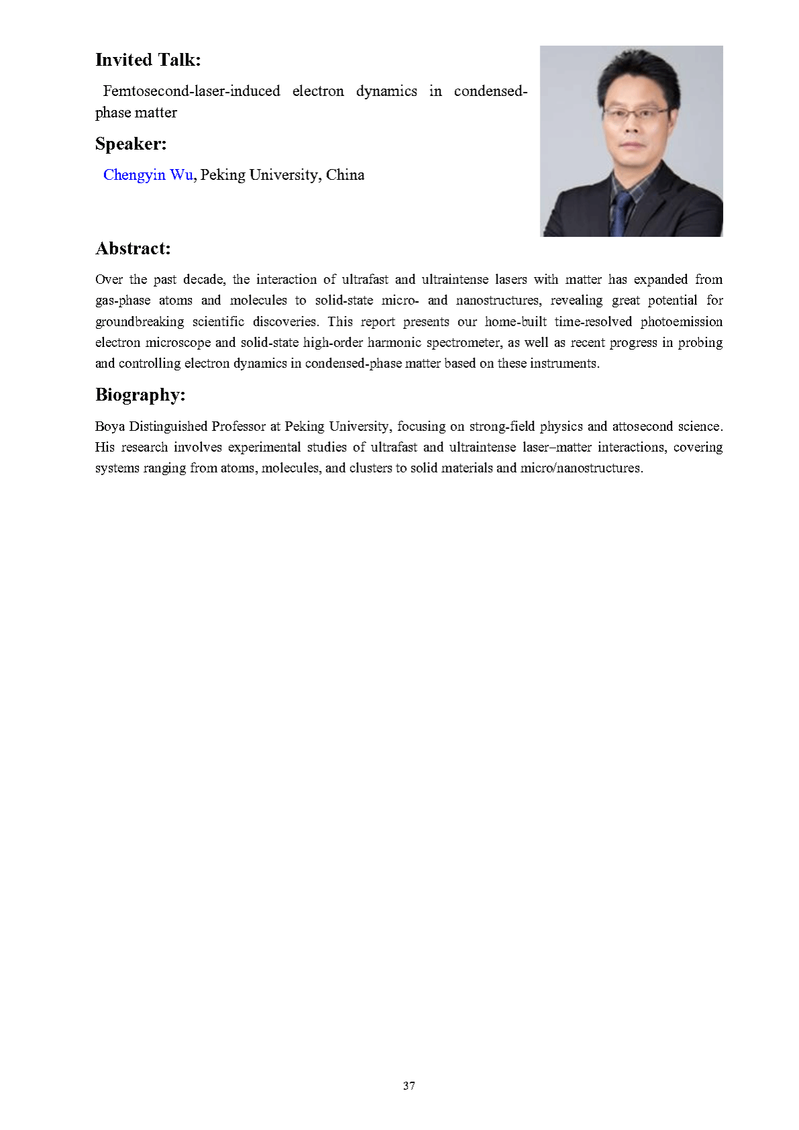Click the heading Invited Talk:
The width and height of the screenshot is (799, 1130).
coord(148,60)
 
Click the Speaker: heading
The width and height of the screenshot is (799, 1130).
coord(130,144)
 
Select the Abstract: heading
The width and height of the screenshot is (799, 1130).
coord(133,248)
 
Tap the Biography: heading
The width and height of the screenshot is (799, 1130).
coord(140,395)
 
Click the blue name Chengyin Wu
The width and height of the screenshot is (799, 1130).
coord(148,175)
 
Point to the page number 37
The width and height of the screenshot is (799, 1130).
coord(409,1085)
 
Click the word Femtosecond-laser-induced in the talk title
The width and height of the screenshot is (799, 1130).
coord(191,91)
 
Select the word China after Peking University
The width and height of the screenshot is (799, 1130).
coord(345,175)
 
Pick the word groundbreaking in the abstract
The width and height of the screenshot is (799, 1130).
coord(139,321)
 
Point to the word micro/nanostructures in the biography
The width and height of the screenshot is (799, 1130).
coord(581,468)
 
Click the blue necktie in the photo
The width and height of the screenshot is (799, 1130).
coord(620,212)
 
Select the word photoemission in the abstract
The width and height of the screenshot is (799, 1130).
coord(681,321)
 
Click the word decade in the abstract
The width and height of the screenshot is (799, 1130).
coord(204,279)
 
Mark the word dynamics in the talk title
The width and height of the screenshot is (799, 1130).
coord(386,91)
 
